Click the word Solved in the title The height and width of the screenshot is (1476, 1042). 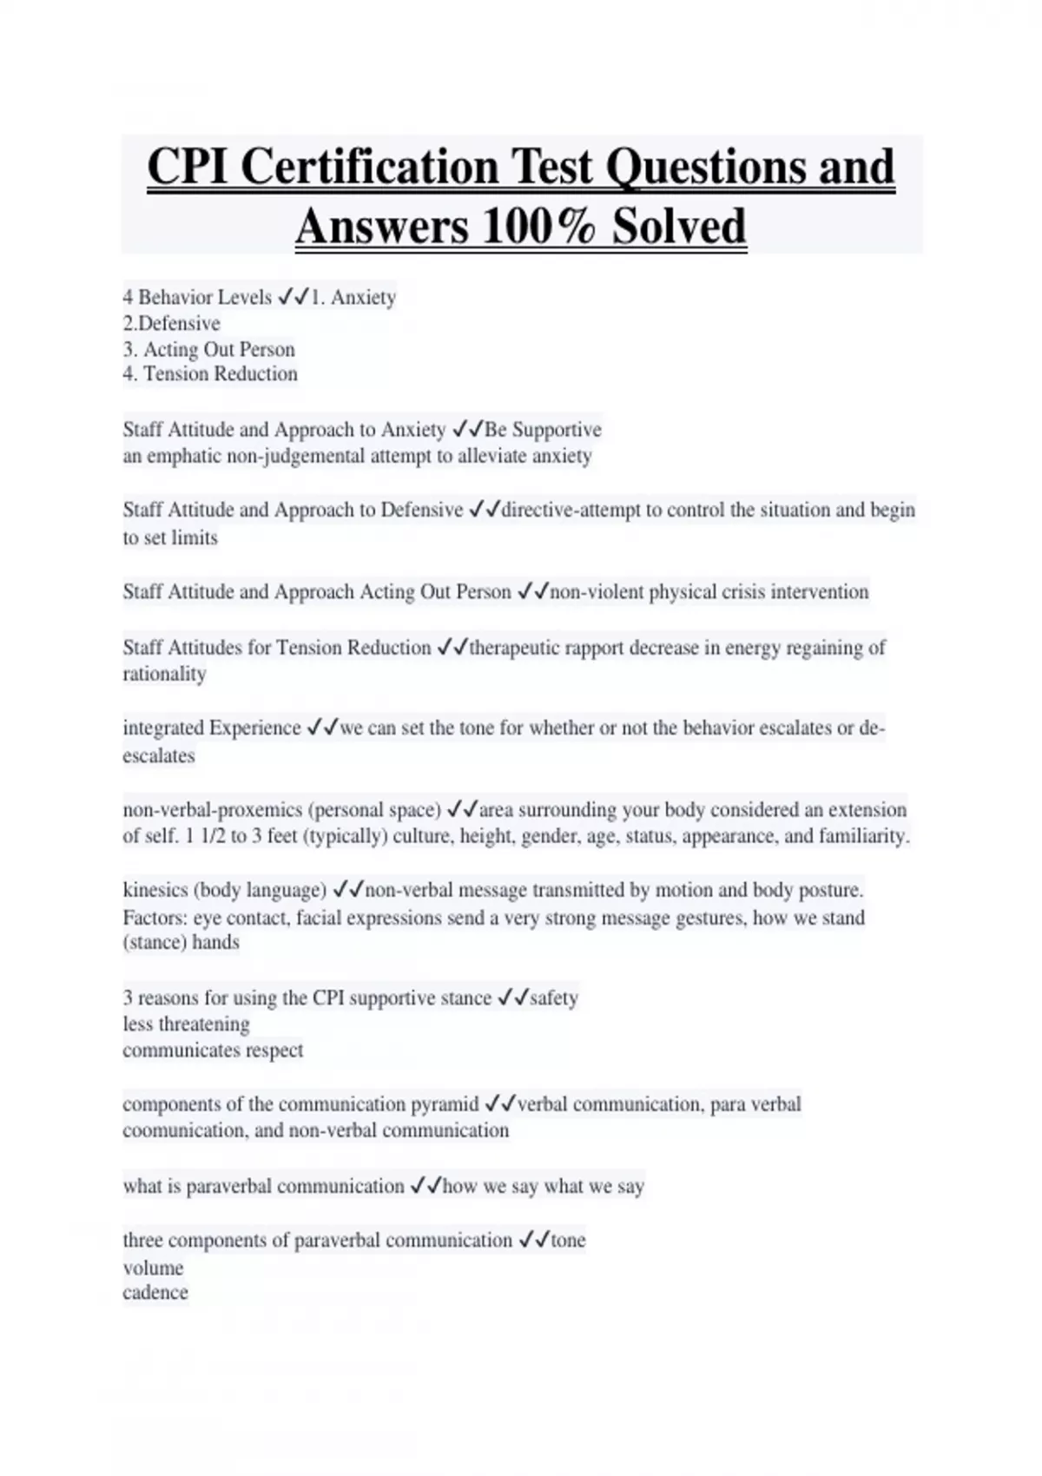coord(678,227)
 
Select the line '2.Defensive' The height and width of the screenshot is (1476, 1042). coord(171,324)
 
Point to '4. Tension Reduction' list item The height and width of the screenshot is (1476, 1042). coord(210,374)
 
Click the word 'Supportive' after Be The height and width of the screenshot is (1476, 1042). coord(556,430)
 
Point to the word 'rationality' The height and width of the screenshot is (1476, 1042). coord(164,675)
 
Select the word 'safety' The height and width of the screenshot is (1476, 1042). coord(553,998)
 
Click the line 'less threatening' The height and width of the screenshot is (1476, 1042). coord(186,1025)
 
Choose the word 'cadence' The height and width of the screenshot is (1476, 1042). coord(155,1293)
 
